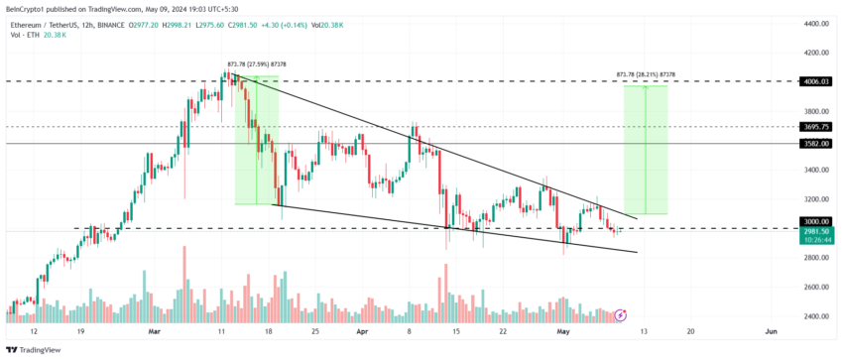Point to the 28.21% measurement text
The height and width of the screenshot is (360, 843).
646,74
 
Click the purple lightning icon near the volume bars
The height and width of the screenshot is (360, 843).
621,314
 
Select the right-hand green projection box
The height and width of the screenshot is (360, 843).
645,149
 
